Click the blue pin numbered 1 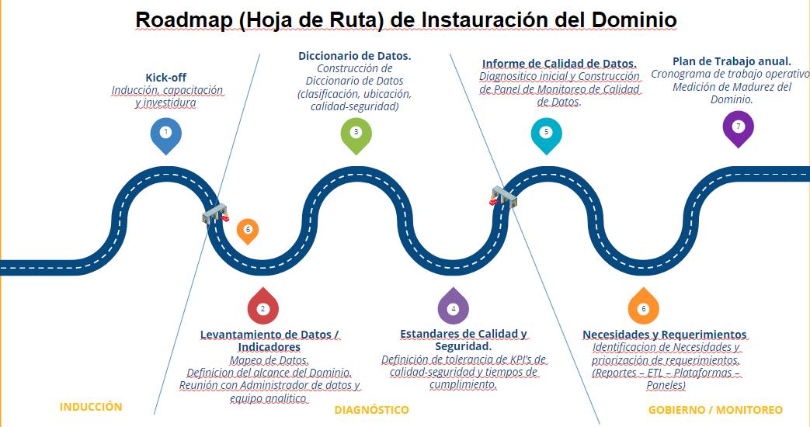tap(165, 134)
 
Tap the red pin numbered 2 tap(262, 307)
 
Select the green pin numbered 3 tap(356, 133)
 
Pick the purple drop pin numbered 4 tap(454, 307)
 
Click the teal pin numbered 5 tap(546, 133)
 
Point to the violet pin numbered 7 tap(738, 127)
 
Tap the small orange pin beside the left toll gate tap(248, 230)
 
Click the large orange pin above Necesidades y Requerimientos tap(643, 307)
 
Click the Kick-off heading tap(166, 78)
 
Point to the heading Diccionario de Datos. tap(354, 56)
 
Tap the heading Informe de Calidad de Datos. tap(559, 64)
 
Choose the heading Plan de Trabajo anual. tap(732, 61)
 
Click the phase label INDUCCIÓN tap(91, 407)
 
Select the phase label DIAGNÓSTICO tap(371, 409)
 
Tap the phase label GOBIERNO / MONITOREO tap(715, 409)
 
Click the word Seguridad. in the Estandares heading tap(463, 346)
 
